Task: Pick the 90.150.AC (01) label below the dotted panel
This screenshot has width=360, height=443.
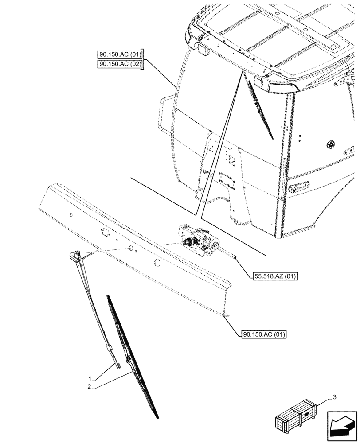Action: click(x=265, y=334)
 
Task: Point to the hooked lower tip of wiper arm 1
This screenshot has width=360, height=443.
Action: click(x=119, y=364)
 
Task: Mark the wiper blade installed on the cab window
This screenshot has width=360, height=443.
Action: click(x=261, y=109)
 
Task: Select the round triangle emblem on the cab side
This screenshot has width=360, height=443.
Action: click(x=330, y=144)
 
